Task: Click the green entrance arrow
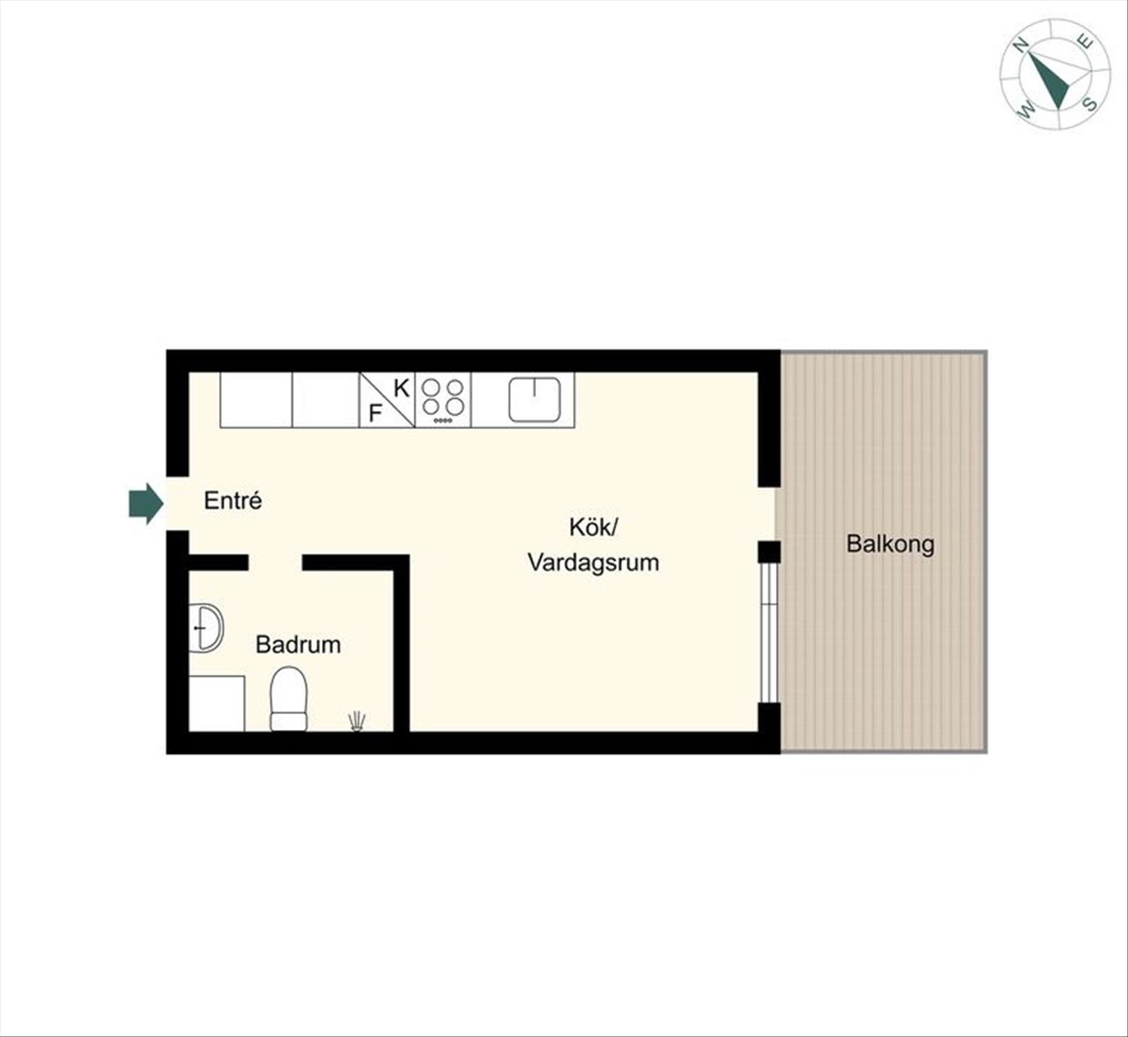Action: [x=146, y=503]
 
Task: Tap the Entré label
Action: [x=233, y=500]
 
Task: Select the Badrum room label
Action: [x=298, y=645]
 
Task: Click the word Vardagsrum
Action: [x=593, y=563]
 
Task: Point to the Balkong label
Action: [x=890, y=544]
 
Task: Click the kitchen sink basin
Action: [x=534, y=400]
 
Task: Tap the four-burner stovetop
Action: [x=443, y=400]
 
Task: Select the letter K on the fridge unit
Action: [x=401, y=388]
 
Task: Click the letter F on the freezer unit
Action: [x=375, y=414]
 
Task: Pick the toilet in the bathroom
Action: [x=289, y=698]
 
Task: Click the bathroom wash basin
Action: [x=206, y=628]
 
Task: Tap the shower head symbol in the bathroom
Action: [x=356, y=721]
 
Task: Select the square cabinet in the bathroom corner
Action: [x=217, y=704]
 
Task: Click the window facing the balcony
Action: [x=769, y=633]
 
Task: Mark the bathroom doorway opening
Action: [x=275, y=562]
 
